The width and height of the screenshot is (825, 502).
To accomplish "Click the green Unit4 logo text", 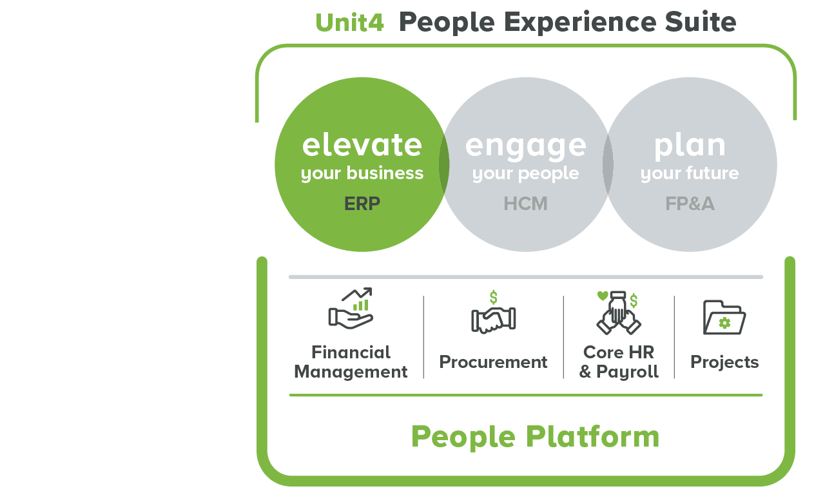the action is [x=349, y=23].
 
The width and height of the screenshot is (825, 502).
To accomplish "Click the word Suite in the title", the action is [x=700, y=22].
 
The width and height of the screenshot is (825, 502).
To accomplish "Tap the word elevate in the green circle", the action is [x=362, y=145].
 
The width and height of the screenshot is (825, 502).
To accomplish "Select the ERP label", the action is [x=362, y=204].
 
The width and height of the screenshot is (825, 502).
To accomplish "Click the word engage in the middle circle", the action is [x=525, y=147].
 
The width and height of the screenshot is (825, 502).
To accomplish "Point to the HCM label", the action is [x=525, y=204].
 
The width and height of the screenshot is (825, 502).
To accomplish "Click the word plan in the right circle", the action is [x=690, y=146].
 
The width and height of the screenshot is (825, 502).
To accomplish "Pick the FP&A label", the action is [x=690, y=204].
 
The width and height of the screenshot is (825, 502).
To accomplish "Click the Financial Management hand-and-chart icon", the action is [x=351, y=308].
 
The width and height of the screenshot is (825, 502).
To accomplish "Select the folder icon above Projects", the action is [x=724, y=318].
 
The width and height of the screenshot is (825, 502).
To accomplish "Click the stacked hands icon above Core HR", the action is [x=619, y=313].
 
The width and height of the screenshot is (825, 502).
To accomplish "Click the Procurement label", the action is [x=493, y=362].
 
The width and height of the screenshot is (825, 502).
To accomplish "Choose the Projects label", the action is [x=724, y=362].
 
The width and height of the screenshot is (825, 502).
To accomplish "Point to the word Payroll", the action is [x=628, y=372].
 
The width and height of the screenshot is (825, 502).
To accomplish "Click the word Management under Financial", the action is [x=351, y=372].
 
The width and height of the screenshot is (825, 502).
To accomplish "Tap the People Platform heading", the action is [x=535, y=437].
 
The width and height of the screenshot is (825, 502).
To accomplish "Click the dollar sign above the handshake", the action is [x=494, y=297].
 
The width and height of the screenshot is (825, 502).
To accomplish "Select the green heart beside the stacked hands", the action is [x=603, y=296].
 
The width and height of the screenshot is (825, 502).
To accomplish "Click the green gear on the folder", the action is [x=724, y=323].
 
